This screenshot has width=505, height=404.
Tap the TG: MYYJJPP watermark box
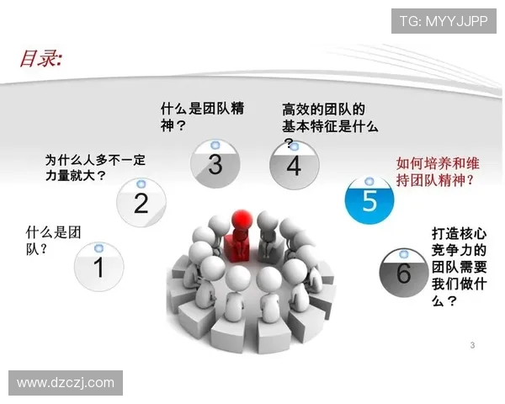click(x=444, y=20)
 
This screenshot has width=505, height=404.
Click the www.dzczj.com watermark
click(x=66, y=383)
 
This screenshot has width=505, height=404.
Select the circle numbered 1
click(x=98, y=267)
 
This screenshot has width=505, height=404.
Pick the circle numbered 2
click(x=141, y=202)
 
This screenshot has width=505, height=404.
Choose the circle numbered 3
click(x=215, y=164)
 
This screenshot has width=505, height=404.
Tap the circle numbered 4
click(x=293, y=165)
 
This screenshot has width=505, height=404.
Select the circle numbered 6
click(x=403, y=272)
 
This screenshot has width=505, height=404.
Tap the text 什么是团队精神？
click(x=202, y=117)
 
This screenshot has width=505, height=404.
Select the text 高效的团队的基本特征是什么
click(x=329, y=118)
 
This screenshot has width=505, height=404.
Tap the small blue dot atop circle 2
click(x=141, y=183)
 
